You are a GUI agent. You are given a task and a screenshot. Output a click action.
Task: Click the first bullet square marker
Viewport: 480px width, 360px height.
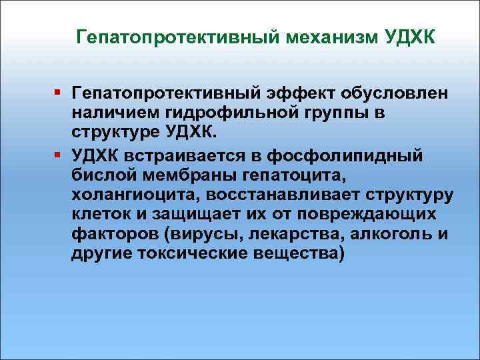pos(59,90)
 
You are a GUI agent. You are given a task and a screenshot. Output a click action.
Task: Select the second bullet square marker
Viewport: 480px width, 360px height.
pos(59,155)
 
